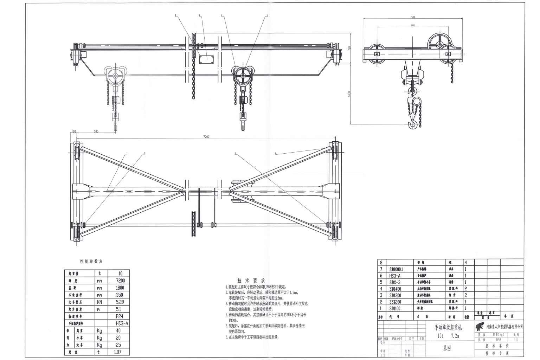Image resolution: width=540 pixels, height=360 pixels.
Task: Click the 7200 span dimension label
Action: (x=206, y=136)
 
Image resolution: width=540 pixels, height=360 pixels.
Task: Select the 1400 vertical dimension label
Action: (x=349, y=95)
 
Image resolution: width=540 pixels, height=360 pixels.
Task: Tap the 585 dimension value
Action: (x=96, y=131)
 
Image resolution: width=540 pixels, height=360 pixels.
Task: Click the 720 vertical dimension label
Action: (x=349, y=48)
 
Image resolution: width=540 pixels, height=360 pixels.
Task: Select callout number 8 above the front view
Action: (x=175, y=15)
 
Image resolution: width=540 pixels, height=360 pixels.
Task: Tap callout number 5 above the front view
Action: (x=267, y=15)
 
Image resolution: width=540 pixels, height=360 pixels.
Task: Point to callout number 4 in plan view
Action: (x=276, y=153)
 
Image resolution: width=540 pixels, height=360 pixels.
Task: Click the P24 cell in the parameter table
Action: (x=118, y=316)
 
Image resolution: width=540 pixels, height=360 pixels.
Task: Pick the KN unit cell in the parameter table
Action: (x=100, y=302)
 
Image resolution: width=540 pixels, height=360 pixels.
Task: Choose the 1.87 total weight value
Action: (x=118, y=352)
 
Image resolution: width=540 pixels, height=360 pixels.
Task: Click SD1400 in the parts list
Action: (x=396, y=289)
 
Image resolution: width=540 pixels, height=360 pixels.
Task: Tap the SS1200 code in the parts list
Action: (x=396, y=302)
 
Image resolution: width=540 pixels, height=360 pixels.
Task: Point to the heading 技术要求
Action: (x=251, y=281)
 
